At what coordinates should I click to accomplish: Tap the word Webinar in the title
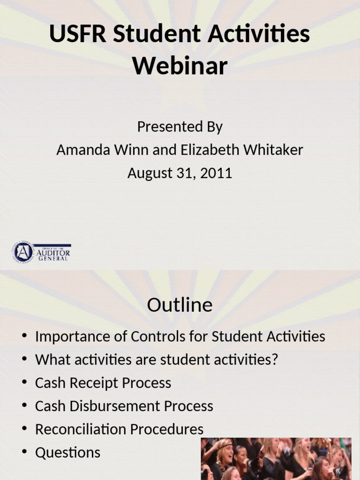pos(180,66)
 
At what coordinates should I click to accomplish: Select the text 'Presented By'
pos(180,127)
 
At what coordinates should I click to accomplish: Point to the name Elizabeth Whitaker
pos(241,150)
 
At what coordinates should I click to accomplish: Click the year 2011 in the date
pos(216,173)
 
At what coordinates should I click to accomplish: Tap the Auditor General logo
pos(42,252)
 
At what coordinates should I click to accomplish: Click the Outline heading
pos(180,305)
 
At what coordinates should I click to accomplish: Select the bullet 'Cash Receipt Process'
pos(103,383)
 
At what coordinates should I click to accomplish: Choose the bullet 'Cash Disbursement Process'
pos(124,406)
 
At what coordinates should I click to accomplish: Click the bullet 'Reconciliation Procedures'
pos(120,429)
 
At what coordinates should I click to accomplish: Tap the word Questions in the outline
pos(68,453)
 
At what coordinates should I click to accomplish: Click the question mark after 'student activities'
pos(275,360)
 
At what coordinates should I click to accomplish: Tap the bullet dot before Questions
pos(24,453)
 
